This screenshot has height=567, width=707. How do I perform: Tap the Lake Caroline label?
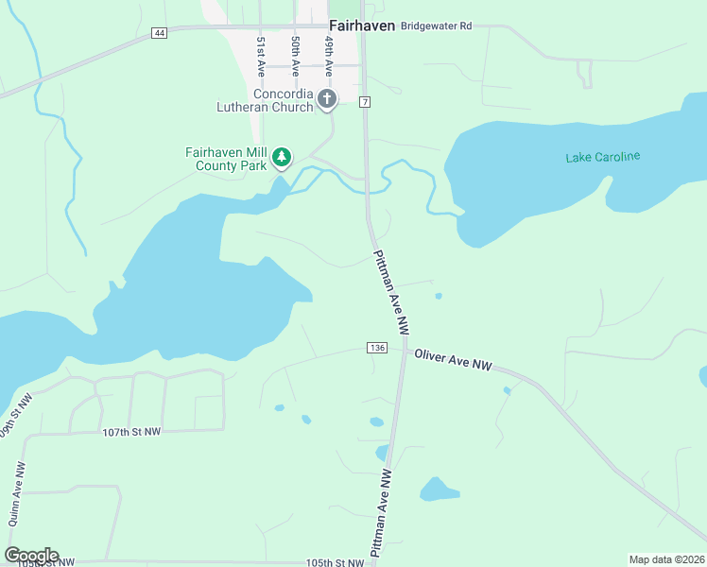point(603,157)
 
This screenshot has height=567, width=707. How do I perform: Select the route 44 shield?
point(159,33)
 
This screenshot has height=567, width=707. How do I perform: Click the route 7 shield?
point(365,101)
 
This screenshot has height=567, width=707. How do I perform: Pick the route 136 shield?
point(378,348)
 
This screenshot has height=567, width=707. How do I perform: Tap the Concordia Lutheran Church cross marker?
point(327,98)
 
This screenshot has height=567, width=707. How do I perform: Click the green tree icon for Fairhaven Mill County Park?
point(281,157)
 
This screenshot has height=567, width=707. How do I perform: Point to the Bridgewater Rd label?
point(436,26)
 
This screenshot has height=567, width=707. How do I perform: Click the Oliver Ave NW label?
point(454,359)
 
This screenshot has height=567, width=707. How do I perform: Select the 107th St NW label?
point(131,432)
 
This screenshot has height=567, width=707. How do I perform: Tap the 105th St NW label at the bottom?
point(335,563)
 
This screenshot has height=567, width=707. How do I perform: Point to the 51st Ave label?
point(260,56)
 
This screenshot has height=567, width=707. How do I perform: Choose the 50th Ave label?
point(295,56)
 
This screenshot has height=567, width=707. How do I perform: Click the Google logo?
point(31,556)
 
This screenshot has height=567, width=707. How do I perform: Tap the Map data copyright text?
point(667,559)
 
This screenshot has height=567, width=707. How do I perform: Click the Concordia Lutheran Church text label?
point(283,100)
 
